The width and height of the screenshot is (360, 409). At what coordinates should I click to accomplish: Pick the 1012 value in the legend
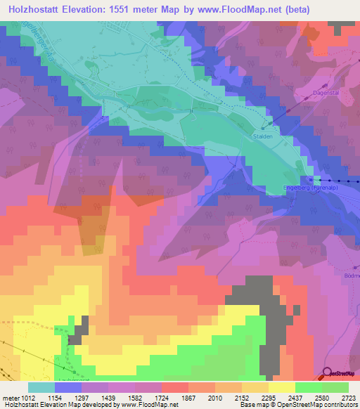(23, 397)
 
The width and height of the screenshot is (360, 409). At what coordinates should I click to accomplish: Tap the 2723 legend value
(349, 397)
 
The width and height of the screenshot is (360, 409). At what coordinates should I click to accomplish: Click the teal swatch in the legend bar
(41, 387)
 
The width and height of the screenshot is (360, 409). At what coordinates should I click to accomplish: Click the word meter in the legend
(8, 397)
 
